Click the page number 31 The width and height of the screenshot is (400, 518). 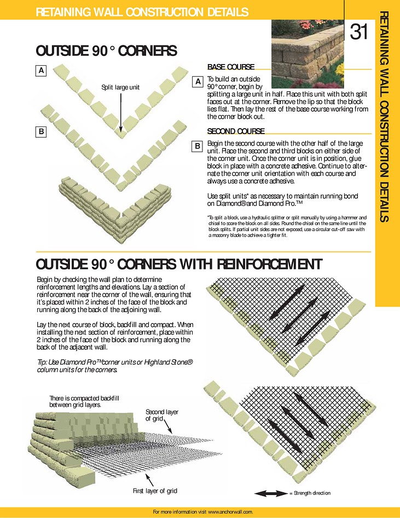(x=358, y=33)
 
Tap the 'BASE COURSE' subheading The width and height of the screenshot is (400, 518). (x=230, y=67)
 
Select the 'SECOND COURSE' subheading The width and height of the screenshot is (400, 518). (x=236, y=131)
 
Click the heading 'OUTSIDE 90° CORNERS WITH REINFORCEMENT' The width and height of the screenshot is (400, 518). (x=178, y=264)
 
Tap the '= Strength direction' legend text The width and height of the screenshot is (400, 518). (x=310, y=493)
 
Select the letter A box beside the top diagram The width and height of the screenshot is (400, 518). (x=42, y=70)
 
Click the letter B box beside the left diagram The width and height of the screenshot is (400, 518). (x=42, y=131)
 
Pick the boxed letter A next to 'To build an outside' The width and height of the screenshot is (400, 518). (x=198, y=82)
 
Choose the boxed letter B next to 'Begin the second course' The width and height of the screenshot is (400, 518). (x=198, y=146)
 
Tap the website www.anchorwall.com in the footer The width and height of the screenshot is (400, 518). (x=229, y=511)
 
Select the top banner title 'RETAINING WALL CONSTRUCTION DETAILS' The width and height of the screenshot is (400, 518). (x=142, y=12)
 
